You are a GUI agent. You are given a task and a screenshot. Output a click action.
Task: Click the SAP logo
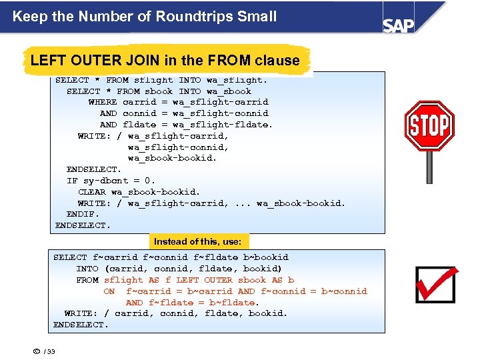[x=398, y=24]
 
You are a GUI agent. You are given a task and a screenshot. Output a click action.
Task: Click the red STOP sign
[x=429, y=125]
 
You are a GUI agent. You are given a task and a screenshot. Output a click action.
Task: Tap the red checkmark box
[x=435, y=284]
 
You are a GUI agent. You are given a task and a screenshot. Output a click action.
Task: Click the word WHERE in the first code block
[x=102, y=102]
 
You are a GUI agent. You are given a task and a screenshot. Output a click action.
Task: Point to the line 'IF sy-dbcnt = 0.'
[x=111, y=181]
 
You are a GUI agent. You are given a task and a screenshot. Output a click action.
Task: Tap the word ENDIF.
[x=83, y=214]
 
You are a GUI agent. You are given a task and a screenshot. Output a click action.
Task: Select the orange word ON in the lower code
[x=109, y=291]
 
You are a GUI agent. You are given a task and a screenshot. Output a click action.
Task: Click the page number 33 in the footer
[x=51, y=352]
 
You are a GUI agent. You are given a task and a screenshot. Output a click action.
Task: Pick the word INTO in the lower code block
[x=87, y=269]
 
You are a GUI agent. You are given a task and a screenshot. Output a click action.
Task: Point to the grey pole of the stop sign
[x=429, y=167]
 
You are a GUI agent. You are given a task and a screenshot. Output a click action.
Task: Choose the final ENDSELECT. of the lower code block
[x=80, y=325]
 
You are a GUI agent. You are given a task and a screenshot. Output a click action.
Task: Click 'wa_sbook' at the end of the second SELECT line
[x=229, y=91]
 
